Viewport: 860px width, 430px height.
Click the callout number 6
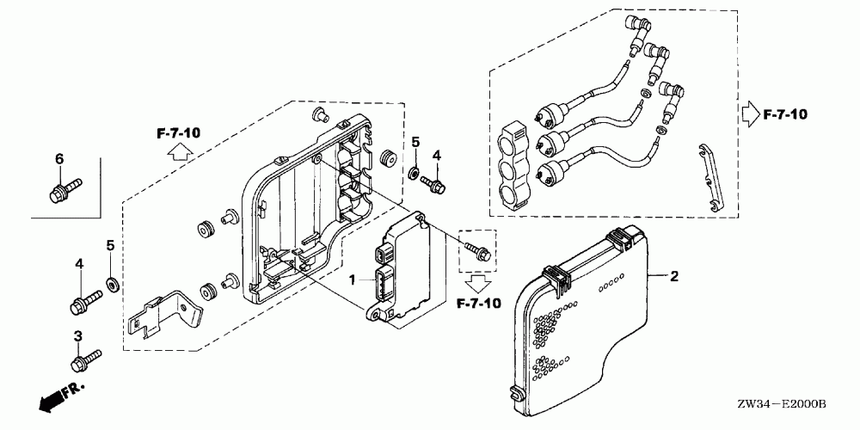point(59,158)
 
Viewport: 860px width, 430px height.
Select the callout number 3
point(77,335)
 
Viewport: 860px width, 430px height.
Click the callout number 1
point(351,280)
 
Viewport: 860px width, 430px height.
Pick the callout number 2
point(674,276)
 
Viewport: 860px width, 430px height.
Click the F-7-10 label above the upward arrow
point(178,132)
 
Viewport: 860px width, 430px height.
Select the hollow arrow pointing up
point(177,152)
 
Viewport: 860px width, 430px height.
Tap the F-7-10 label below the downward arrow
point(477,304)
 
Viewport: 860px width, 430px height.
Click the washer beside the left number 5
point(111,283)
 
